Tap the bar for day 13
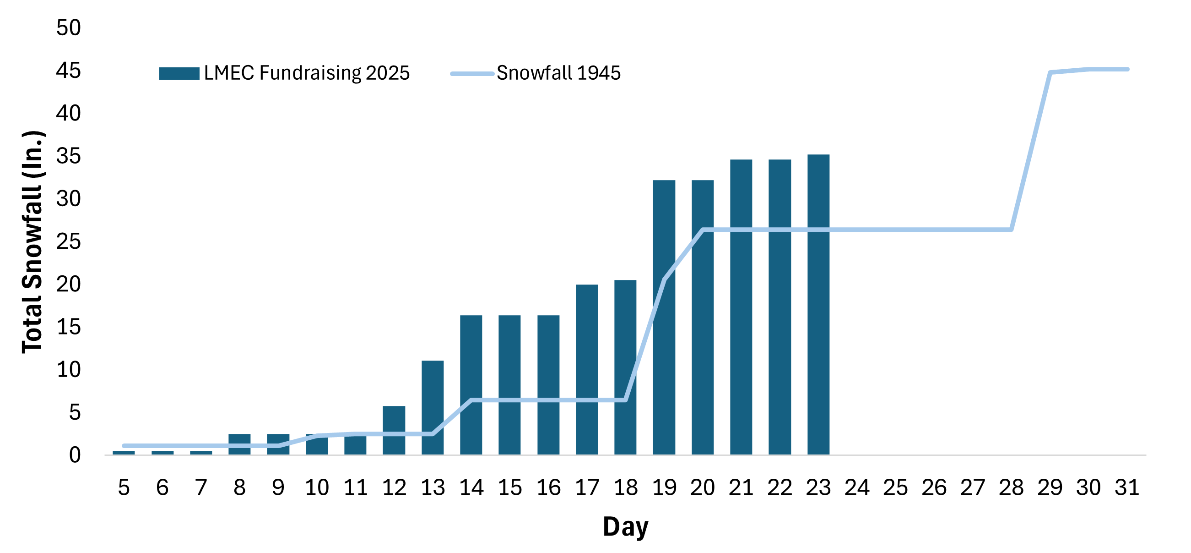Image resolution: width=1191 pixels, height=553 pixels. pyautogui.click(x=432, y=407)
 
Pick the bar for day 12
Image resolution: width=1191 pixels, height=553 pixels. pyautogui.click(x=394, y=430)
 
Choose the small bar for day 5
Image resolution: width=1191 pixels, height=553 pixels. pyautogui.click(x=124, y=452)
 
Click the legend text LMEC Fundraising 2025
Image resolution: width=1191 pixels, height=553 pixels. pyautogui.click(x=307, y=73)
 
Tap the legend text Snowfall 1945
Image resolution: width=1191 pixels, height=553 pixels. pyautogui.click(x=558, y=73)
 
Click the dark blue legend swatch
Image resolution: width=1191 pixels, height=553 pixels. pyautogui.click(x=179, y=73)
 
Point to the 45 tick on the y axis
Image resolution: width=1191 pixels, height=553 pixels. pyautogui.click(x=68, y=71)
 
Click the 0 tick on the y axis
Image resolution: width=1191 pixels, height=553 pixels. pyautogui.click(x=75, y=455)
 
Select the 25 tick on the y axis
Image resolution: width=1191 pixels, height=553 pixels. pyautogui.click(x=68, y=241)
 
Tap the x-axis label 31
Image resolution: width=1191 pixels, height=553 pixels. pyautogui.click(x=1127, y=488)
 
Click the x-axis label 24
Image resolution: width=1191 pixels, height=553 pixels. pyautogui.click(x=857, y=488)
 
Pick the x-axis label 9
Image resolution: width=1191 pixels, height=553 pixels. pyautogui.click(x=278, y=488)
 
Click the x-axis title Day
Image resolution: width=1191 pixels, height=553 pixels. pyautogui.click(x=625, y=526)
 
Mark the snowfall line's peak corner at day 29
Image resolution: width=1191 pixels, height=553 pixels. pyautogui.click(x=1050, y=73)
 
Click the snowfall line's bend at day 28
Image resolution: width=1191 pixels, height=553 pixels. pyautogui.click(x=1012, y=230)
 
